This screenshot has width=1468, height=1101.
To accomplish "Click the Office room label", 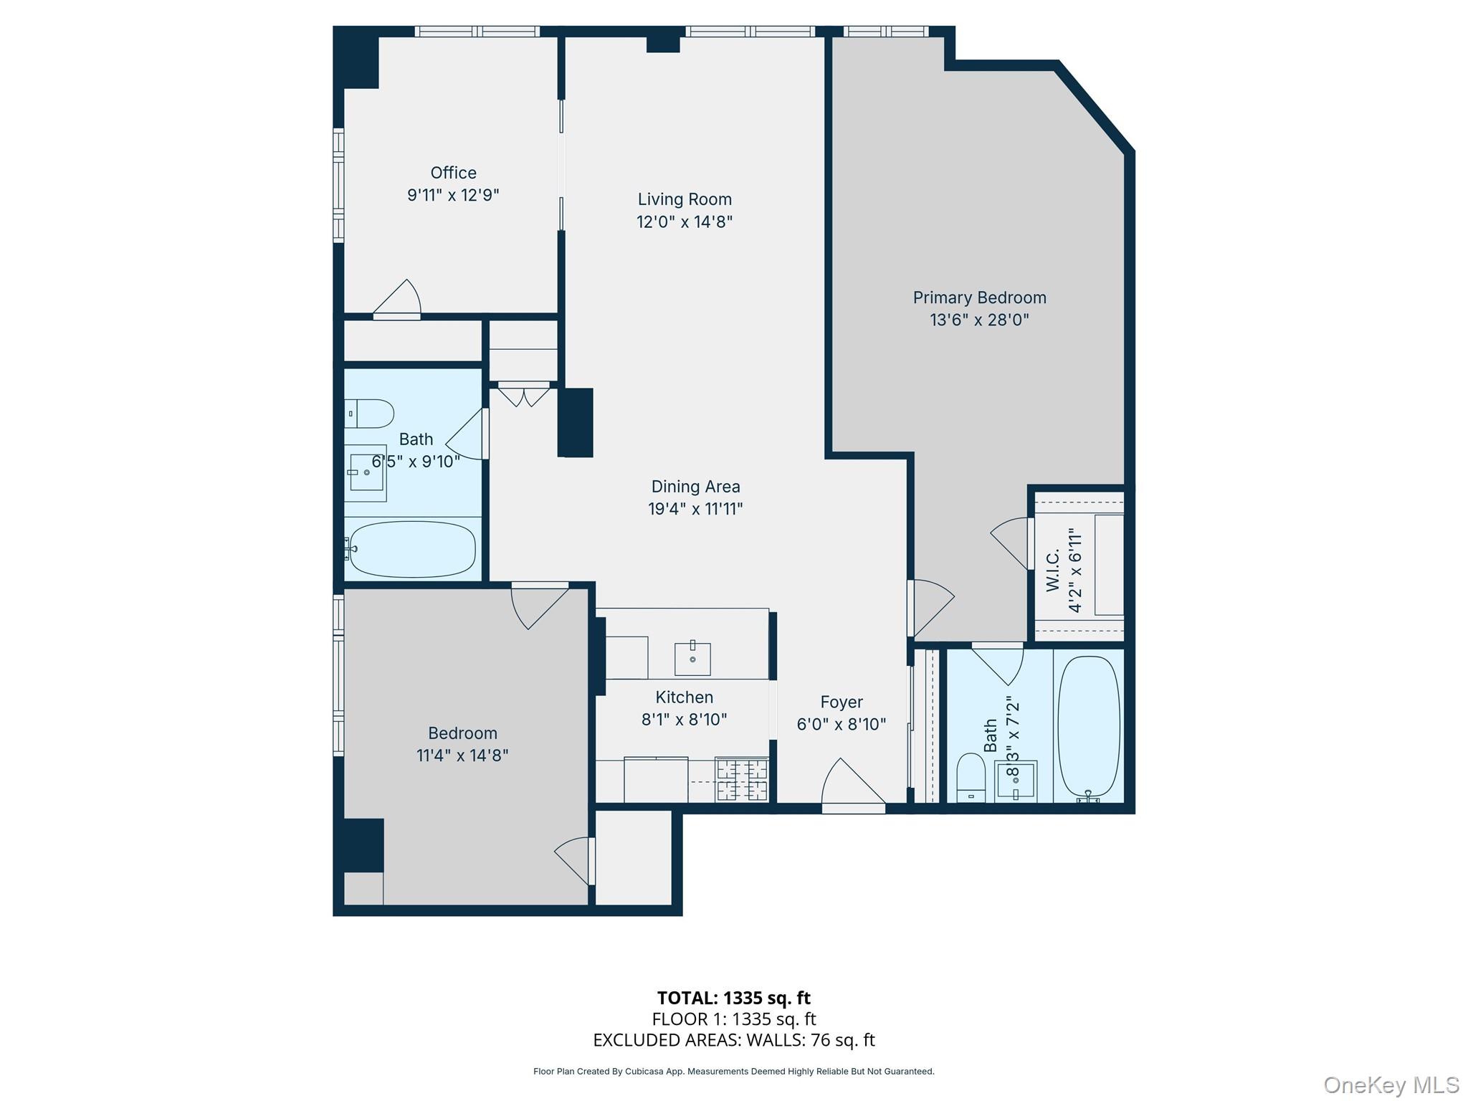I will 453,173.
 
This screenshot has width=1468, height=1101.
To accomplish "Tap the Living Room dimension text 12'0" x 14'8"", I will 685,221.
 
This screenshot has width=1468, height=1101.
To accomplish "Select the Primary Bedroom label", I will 979,297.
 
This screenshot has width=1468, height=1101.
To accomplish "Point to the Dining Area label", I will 695,487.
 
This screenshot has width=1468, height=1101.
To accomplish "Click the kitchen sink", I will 692,658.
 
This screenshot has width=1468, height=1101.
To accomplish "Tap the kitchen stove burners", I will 743,781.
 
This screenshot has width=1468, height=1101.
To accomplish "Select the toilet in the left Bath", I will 370,414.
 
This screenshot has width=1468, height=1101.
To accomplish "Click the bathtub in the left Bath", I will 412,549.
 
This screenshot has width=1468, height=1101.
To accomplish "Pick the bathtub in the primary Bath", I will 1089,727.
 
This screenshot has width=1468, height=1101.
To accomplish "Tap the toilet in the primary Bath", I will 971,777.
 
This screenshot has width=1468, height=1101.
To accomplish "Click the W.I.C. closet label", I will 1053,571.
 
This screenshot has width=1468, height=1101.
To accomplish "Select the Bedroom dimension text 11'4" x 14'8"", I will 462,756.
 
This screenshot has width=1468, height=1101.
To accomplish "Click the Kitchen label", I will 684,697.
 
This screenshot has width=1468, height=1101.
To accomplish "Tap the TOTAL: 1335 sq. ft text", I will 733,998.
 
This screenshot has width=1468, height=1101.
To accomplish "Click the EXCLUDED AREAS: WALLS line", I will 733,1040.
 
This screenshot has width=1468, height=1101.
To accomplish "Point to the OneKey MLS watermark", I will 1391,1085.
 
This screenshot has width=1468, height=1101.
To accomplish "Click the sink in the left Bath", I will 366,472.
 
